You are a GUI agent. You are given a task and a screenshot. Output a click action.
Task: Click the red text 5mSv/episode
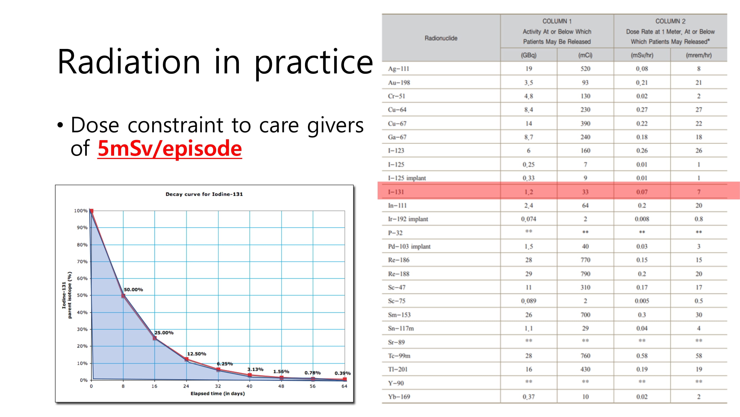pos(170,148)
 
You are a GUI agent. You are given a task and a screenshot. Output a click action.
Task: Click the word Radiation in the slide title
pos(129,62)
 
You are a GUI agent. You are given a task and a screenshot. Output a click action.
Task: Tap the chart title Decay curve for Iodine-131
pos(204,194)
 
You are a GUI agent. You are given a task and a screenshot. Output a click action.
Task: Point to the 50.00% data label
pos(133,289)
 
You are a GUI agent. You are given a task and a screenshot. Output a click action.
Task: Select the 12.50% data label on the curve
pos(196,354)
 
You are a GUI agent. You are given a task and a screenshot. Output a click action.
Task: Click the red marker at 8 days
pos(123,296)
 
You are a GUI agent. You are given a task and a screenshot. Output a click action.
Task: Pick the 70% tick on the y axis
pos(82,262)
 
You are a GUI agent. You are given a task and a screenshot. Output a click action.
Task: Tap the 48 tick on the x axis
pos(281,386)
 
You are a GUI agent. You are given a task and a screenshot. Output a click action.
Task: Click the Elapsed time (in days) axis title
pos(218,393)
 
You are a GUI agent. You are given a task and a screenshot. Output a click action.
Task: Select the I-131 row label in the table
pos(396,192)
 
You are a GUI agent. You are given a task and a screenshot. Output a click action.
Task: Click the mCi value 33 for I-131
pos(585,192)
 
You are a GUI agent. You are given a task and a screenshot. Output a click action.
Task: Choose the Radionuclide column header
pos(441,38)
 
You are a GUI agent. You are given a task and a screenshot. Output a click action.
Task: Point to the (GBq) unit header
pos(529,55)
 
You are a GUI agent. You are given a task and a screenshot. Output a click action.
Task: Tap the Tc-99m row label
pos(399,356)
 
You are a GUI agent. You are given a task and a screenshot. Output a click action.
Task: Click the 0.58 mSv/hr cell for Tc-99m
pos(642,356)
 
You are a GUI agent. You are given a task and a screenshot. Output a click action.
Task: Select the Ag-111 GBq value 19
pos(529,69)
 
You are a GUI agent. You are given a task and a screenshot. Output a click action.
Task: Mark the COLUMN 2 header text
pos(670,21)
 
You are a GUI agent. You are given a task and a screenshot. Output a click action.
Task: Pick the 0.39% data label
pos(342,373)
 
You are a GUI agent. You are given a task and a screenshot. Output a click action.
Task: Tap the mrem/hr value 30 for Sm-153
pos(699,315)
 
